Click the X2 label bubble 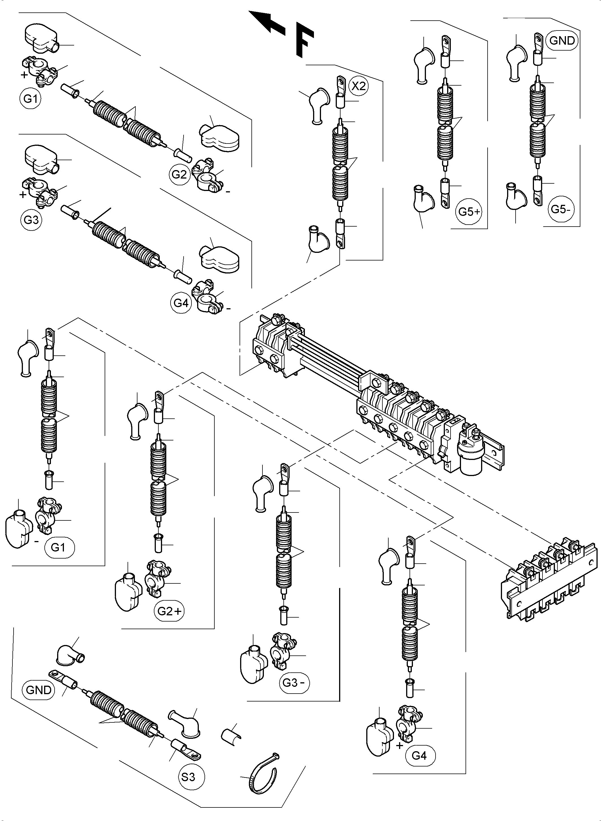[x=358, y=86]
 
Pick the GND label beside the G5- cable [x=562, y=40]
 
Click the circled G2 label [x=179, y=174]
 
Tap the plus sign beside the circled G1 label [x=24, y=75]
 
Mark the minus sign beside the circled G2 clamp [x=228, y=192]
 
